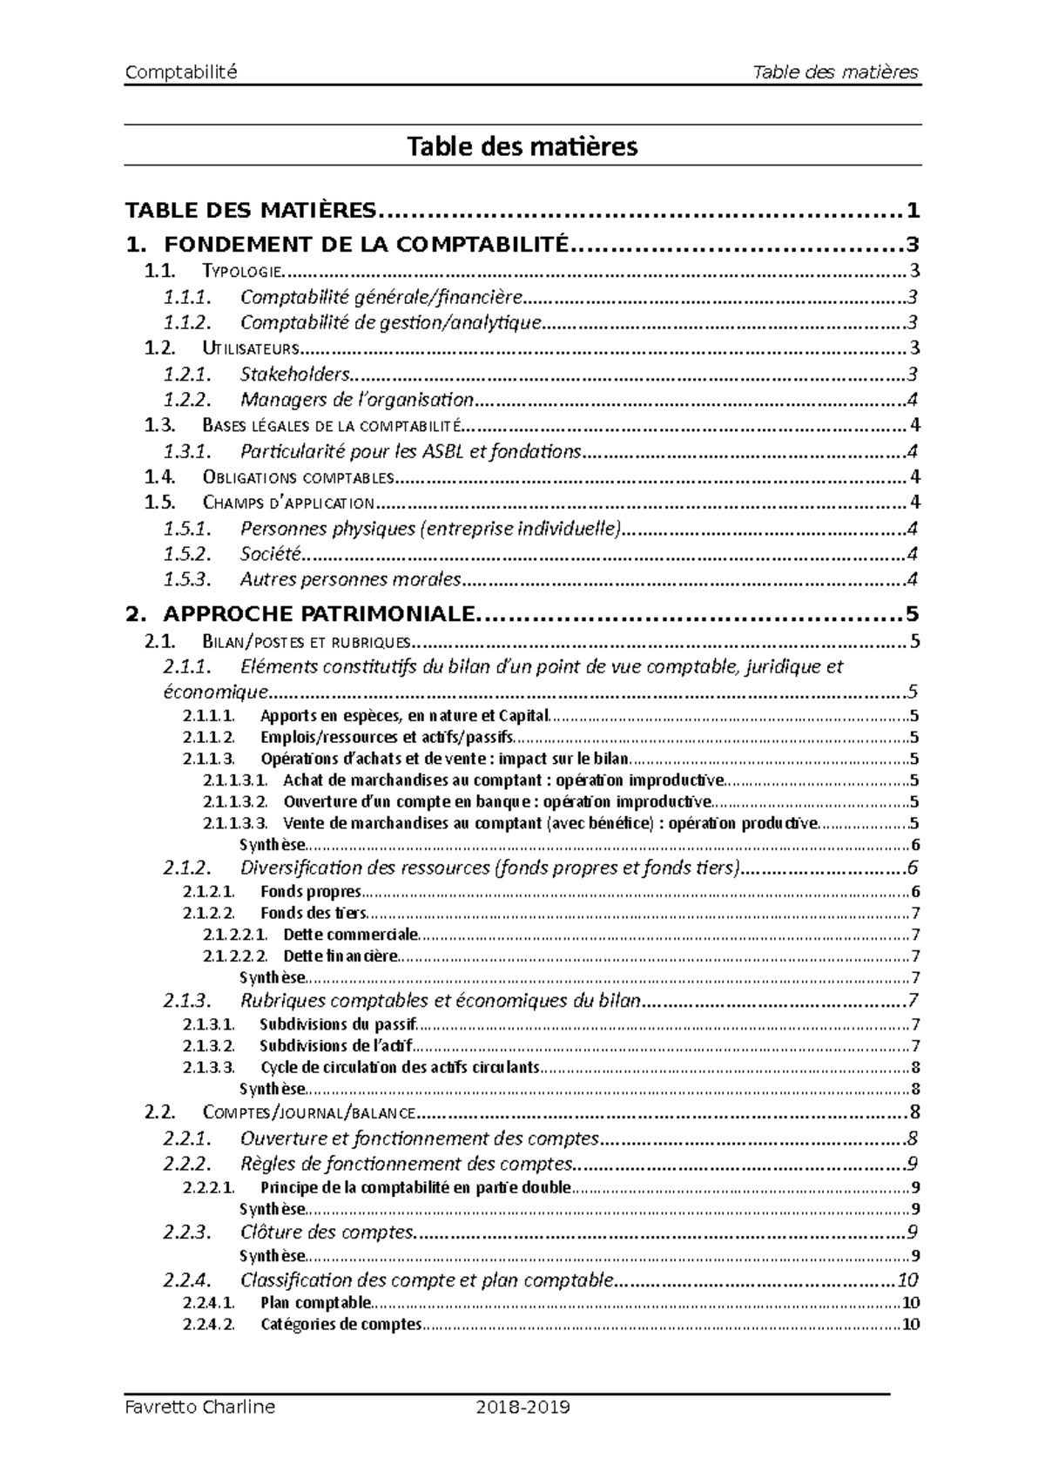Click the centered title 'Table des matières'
(x=522, y=145)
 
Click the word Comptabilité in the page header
(x=181, y=72)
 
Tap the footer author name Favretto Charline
(x=199, y=1407)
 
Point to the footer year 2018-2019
(x=522, y=1407)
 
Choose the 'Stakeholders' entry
(x=295, y=375)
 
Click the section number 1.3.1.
(x=188, y=451)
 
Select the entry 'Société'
(x=270, y=553)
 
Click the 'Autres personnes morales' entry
(x=351, y=579)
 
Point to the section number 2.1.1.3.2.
(x=236, y=801)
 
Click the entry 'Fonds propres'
(x=311, y=891)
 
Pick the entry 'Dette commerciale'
(x=351, y=935)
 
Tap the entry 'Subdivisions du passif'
(x=338, y=1024)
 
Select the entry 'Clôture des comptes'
(x=327, y=1232)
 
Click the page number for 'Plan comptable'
(x=911, y=1303)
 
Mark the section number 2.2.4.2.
(x=209, y=1325)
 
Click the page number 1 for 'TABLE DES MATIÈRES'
(x=912, y=211)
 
